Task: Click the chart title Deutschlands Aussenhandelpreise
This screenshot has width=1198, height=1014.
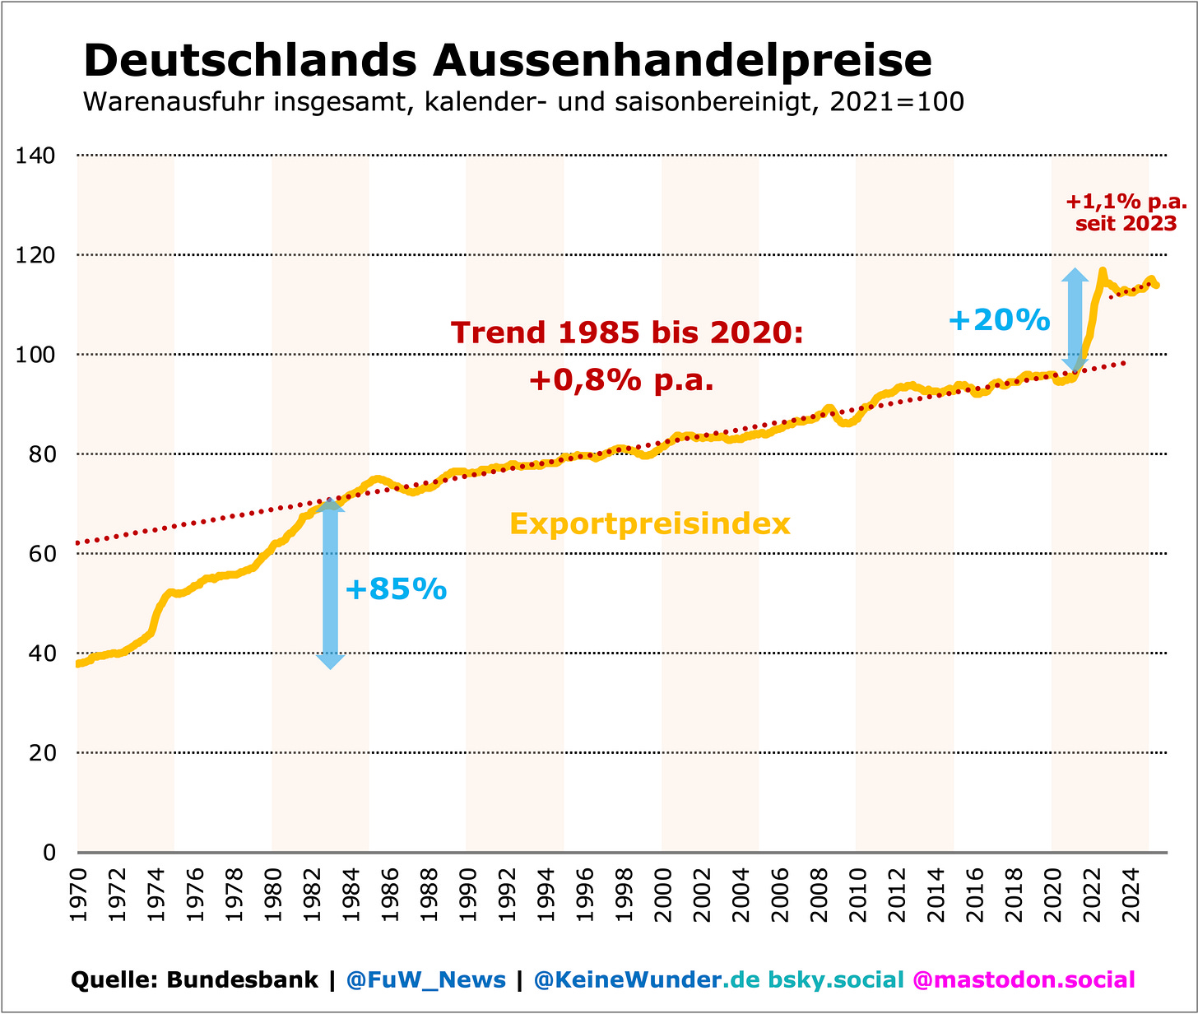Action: pos(508,60)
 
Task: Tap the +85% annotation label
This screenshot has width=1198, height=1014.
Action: pos(396,589)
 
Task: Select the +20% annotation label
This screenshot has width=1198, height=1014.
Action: pos(999,319)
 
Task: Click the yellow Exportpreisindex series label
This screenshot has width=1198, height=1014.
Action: pos(650,523)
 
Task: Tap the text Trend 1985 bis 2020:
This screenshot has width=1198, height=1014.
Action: pos(626,333)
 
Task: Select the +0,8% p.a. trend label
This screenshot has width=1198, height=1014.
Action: pos(621,380)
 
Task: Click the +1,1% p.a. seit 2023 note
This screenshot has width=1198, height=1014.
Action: pos(1126,212)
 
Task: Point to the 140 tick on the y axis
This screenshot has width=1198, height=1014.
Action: pos(36,156)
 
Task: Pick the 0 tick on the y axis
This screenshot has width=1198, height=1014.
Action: pos(49,853)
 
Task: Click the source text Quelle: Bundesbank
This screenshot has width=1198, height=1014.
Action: pos(194,979)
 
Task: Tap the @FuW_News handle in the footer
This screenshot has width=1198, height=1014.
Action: pos(425,979)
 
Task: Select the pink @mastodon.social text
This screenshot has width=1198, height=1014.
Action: pos(1024,979)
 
